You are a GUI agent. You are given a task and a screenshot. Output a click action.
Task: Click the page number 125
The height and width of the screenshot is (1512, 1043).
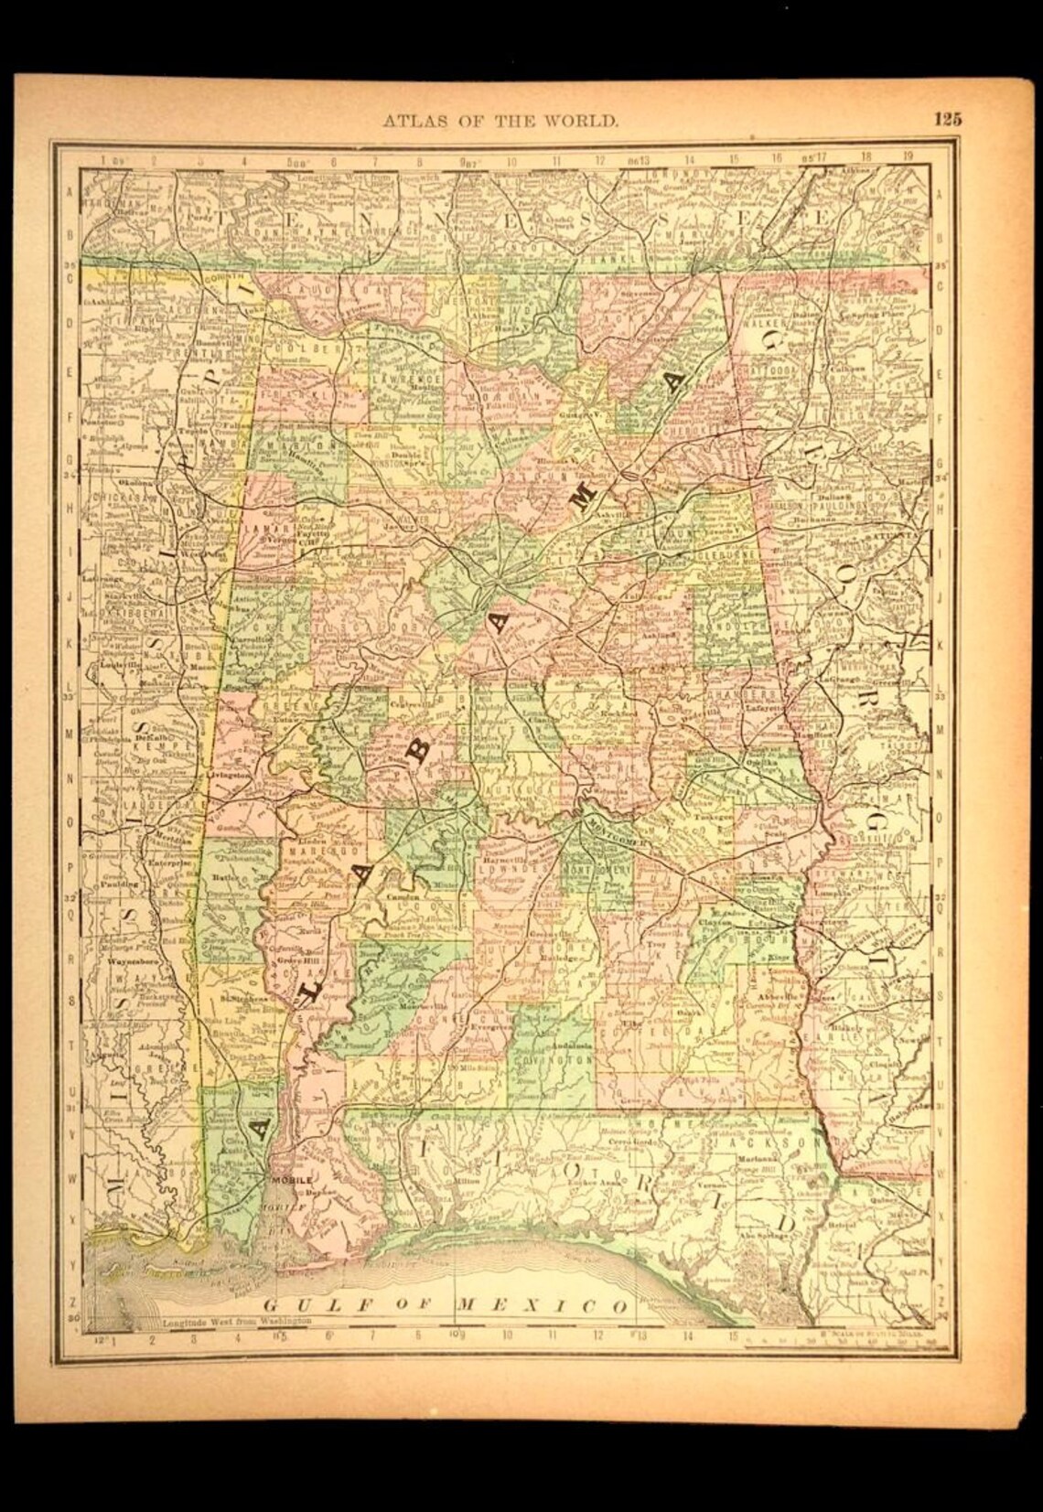(947, 116)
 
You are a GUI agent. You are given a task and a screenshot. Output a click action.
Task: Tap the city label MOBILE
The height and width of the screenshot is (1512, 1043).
(290, 1180)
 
